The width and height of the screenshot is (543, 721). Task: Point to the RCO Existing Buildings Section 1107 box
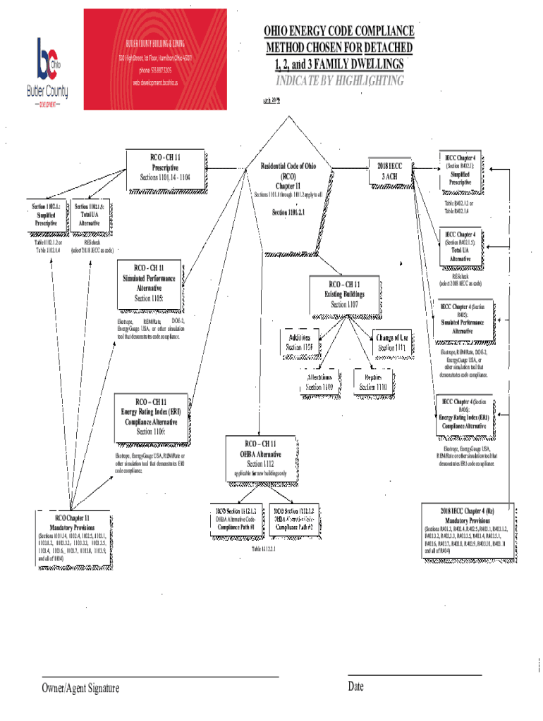click(x=344, y=294)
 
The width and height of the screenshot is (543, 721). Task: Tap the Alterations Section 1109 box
click(x=319, y=382)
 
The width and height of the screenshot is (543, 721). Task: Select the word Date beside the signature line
click(x=355, y=686)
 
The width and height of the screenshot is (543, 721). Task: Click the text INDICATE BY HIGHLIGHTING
click(x=339, y=81)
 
